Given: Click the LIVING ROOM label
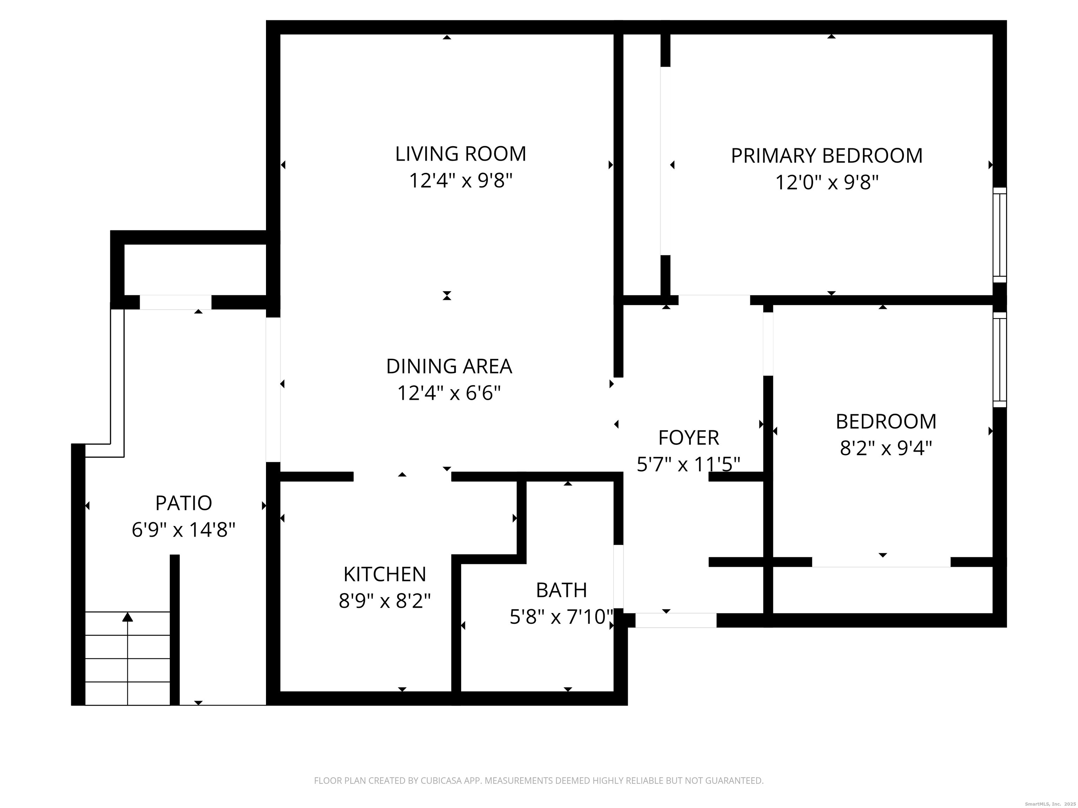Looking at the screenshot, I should click(460, 154).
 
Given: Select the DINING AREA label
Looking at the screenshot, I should click(449, 366).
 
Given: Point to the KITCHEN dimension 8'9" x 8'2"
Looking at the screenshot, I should click(385, 601).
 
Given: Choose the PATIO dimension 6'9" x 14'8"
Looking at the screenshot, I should click(183, 530).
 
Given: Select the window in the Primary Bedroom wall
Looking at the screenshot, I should click(999, 235).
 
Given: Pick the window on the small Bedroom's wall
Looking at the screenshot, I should click(999, 360).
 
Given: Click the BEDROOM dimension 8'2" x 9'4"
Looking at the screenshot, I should click(885, 448).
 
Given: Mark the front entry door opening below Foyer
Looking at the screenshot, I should click(676, 620).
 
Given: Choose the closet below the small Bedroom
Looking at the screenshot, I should click(882, 589).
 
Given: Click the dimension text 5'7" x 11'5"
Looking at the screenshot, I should click(688, 465).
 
